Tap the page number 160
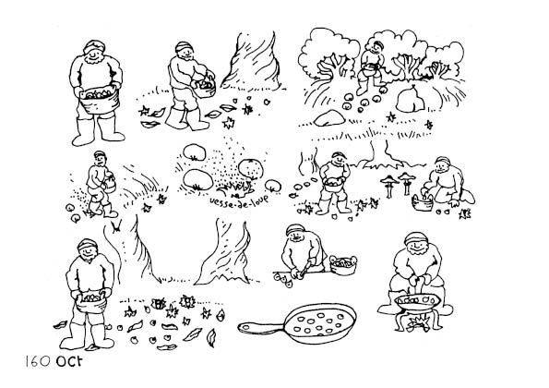click(x=38, y=361)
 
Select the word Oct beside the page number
click(x=69, y=361)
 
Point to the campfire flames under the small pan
click(x=419, y=321)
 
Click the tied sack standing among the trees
click(x=410, y=99)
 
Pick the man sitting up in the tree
click(x=372, y=67)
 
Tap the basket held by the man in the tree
click(x=369, y=70)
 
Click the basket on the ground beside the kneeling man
click(x=422, y=202)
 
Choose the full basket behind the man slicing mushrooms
click(x=343, y=265)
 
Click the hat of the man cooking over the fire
click(x=416, y=238)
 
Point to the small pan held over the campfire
click(x=416, y=302)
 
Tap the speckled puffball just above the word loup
click(x=251, y=169)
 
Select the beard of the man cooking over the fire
click(x=418, y=250)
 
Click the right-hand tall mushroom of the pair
click(x=406, y=183)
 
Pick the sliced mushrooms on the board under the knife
click(x=283, y=279)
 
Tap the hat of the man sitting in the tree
click(x=378, y=44)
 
